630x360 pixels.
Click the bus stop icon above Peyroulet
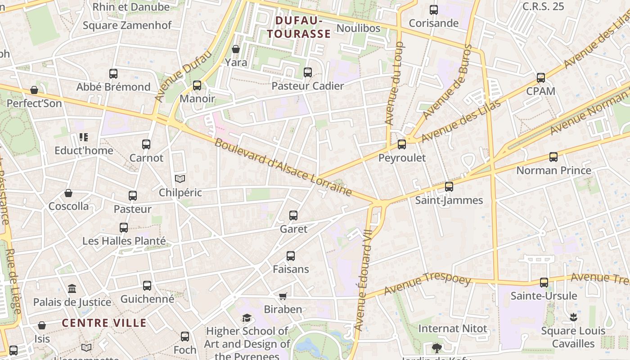402,144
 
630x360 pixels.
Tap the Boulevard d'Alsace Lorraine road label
283,167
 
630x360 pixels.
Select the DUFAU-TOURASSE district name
298,27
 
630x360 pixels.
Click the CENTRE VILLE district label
104,323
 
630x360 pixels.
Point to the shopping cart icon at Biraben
283,296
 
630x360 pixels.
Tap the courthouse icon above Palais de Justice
72,288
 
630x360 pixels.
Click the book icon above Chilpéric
180,179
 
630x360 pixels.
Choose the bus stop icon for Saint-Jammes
449,186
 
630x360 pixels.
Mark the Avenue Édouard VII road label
364,280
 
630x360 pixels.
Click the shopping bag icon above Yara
236,49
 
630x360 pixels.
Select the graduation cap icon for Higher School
247,318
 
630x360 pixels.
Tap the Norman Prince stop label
553,171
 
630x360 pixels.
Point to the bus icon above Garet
293,216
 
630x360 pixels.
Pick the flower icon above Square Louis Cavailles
573,317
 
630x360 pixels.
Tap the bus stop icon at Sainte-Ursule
544,283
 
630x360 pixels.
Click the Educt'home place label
84,150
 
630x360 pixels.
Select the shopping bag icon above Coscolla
68,193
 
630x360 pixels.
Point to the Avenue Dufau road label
183,76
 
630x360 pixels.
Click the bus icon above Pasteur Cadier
308,72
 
